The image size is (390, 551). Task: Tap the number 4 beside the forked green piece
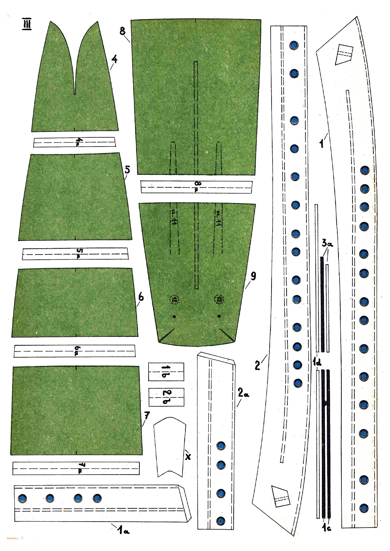click(114, 59)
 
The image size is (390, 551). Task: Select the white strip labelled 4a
click(74, 142)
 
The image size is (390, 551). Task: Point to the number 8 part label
click(123, 31)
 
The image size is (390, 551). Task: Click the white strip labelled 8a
click(197, 187)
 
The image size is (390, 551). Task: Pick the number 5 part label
click(127, 170)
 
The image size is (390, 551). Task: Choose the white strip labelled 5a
click(75, 254)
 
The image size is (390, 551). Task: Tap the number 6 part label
click(141, 297)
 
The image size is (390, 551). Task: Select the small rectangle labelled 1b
click(166, 372)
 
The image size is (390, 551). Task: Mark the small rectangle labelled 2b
click(166, 397)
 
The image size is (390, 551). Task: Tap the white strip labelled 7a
click(76, 468)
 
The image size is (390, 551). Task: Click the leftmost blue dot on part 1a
click(22, 498)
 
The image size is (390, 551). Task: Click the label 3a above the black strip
click(327, 243)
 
